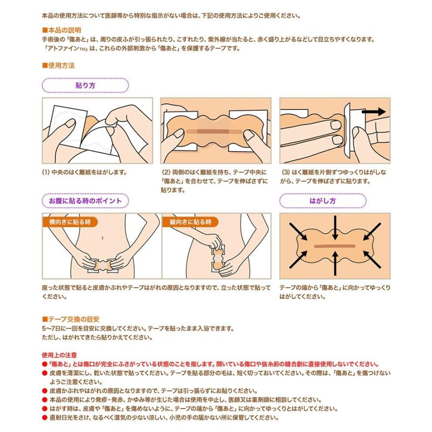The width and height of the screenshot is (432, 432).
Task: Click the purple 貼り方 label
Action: tap(85, 85)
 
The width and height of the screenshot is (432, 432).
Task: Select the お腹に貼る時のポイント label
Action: tap(85, 201)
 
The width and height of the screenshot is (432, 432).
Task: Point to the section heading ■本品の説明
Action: tap(61, 30)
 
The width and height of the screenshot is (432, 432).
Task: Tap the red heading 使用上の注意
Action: tap(60, 356)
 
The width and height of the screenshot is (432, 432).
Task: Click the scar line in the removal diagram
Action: tap(335, 246)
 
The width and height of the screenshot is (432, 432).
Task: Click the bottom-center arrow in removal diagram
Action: tap(335, 268)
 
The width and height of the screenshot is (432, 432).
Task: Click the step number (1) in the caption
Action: tap(46, 172)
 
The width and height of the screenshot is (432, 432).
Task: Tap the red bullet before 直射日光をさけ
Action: tap(45, 418)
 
